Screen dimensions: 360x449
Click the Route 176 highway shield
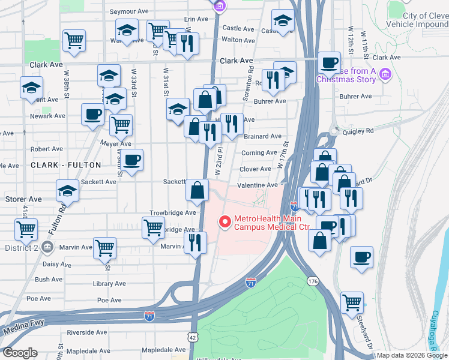[x=312, y=280]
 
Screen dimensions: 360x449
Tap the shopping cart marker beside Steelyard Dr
[x=352, y=302]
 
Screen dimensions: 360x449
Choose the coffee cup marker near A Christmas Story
[x=328, y=62]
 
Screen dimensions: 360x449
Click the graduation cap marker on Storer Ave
[x=67, y=191]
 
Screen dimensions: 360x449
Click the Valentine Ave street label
[x=258, y=186]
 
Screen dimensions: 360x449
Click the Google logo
[x=20, y=353]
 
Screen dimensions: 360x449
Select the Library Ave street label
[x=109, y=284]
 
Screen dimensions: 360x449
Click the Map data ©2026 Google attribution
[x=412, y=355]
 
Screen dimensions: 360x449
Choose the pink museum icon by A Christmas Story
[x=385, y=74]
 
